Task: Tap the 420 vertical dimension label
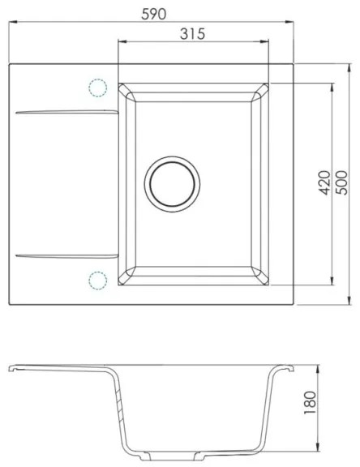323,185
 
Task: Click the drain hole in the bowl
170,180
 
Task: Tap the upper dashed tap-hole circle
97,88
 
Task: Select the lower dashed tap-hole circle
97,281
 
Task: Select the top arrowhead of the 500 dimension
350,66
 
